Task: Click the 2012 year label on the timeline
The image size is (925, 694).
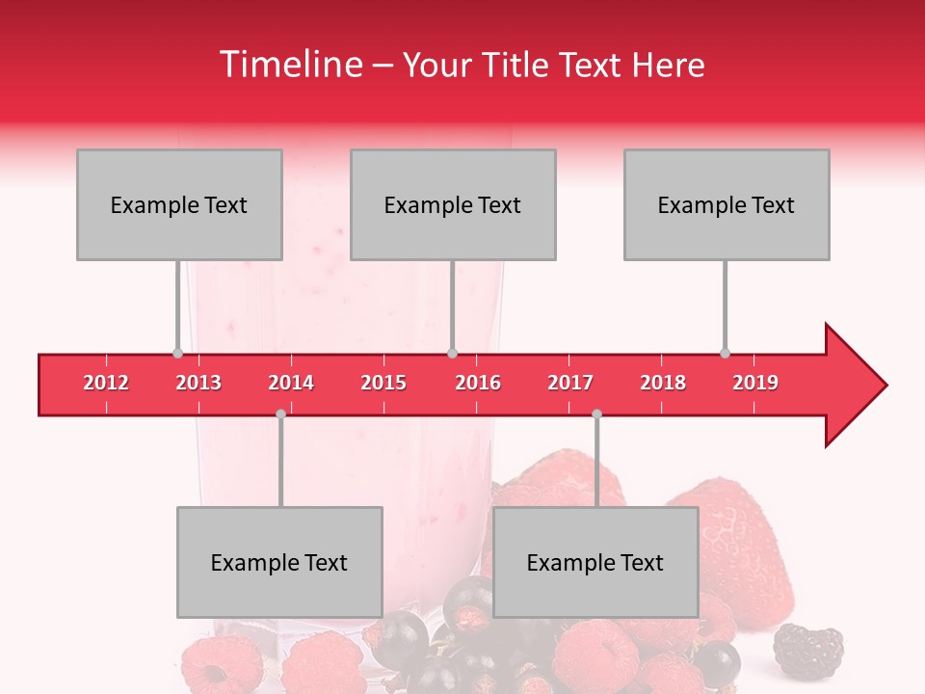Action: coord(106,383)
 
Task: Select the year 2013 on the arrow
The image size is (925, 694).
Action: coord(198,383)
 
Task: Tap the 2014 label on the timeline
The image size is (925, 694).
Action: coord(291,383)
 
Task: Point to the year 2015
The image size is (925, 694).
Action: coord(383,383)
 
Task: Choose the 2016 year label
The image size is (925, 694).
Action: coord(478,383)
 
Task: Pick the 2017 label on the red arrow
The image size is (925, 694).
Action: coord(570,383)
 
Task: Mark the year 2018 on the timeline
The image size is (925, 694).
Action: coord(663,383)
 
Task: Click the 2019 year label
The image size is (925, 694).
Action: coord(755,383)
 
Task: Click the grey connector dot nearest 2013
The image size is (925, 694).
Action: coord(177,353)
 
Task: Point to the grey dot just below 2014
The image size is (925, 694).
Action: coord(280,414)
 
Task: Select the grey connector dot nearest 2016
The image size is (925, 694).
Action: coord(452,353)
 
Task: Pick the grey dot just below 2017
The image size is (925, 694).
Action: coord(596,414)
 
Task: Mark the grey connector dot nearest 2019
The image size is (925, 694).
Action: coord(725,353)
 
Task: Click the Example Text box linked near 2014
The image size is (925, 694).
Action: coord(279,562)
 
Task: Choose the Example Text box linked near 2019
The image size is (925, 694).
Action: coord(727,204)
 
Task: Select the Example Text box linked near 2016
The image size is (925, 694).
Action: coord(453,204)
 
